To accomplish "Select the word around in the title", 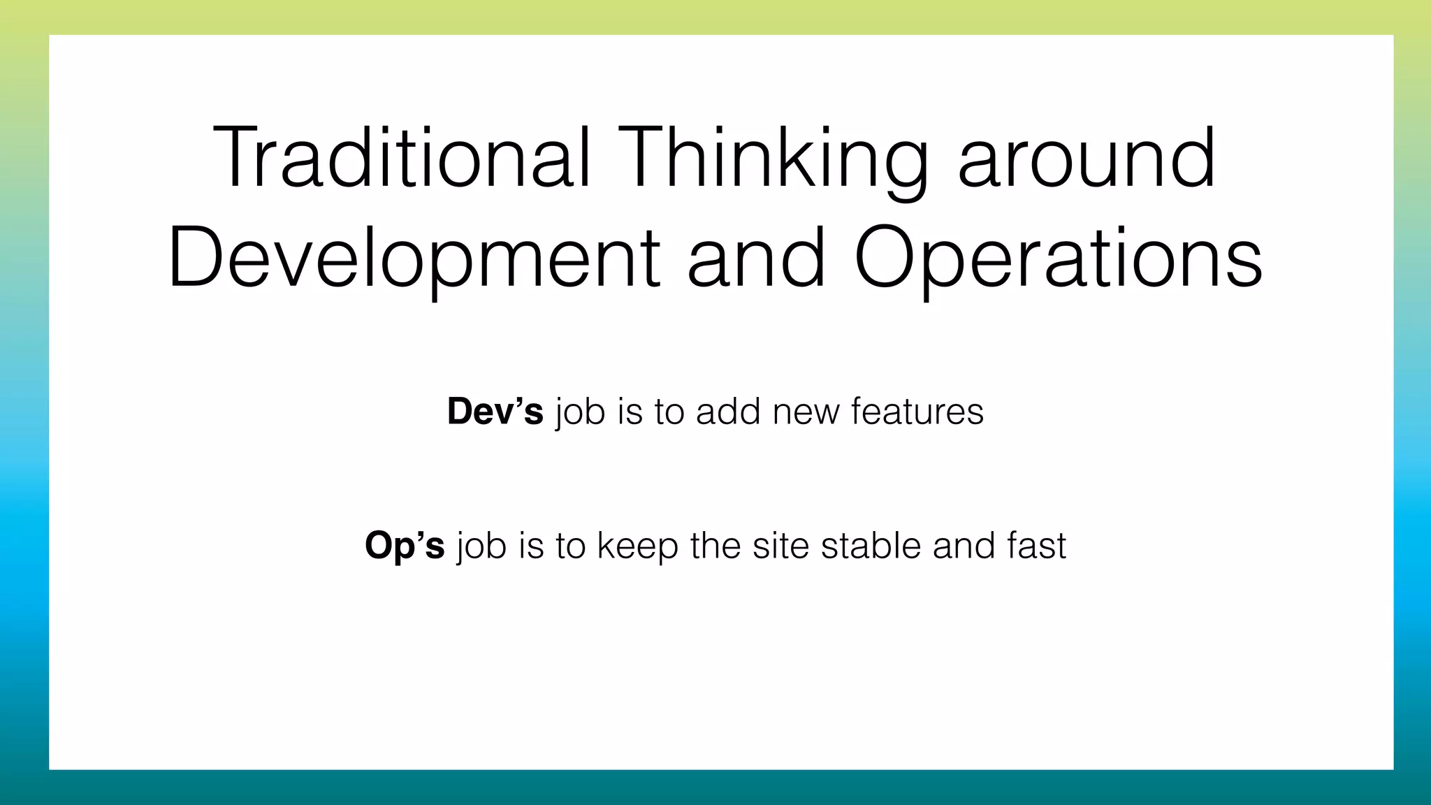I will point(1087,159).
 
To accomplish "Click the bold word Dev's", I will point(495,411).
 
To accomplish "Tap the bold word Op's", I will point(405,545).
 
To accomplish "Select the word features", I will point(917,411).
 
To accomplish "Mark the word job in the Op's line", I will point(481,546).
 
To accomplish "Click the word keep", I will point(637,546).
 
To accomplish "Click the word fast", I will point(1037,545).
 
